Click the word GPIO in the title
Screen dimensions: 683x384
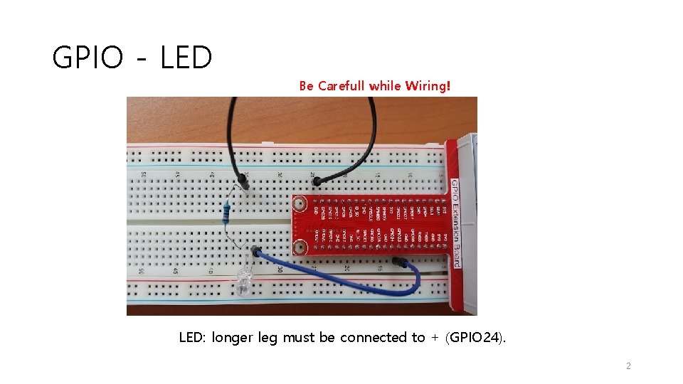89,58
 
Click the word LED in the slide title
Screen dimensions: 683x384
186,58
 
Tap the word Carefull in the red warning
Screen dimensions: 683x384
341,86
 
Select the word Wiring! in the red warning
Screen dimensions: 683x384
428,86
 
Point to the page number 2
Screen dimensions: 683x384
628,366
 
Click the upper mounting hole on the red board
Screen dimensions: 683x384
300,203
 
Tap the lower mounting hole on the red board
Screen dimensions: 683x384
300,247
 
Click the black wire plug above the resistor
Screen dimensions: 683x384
244,183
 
